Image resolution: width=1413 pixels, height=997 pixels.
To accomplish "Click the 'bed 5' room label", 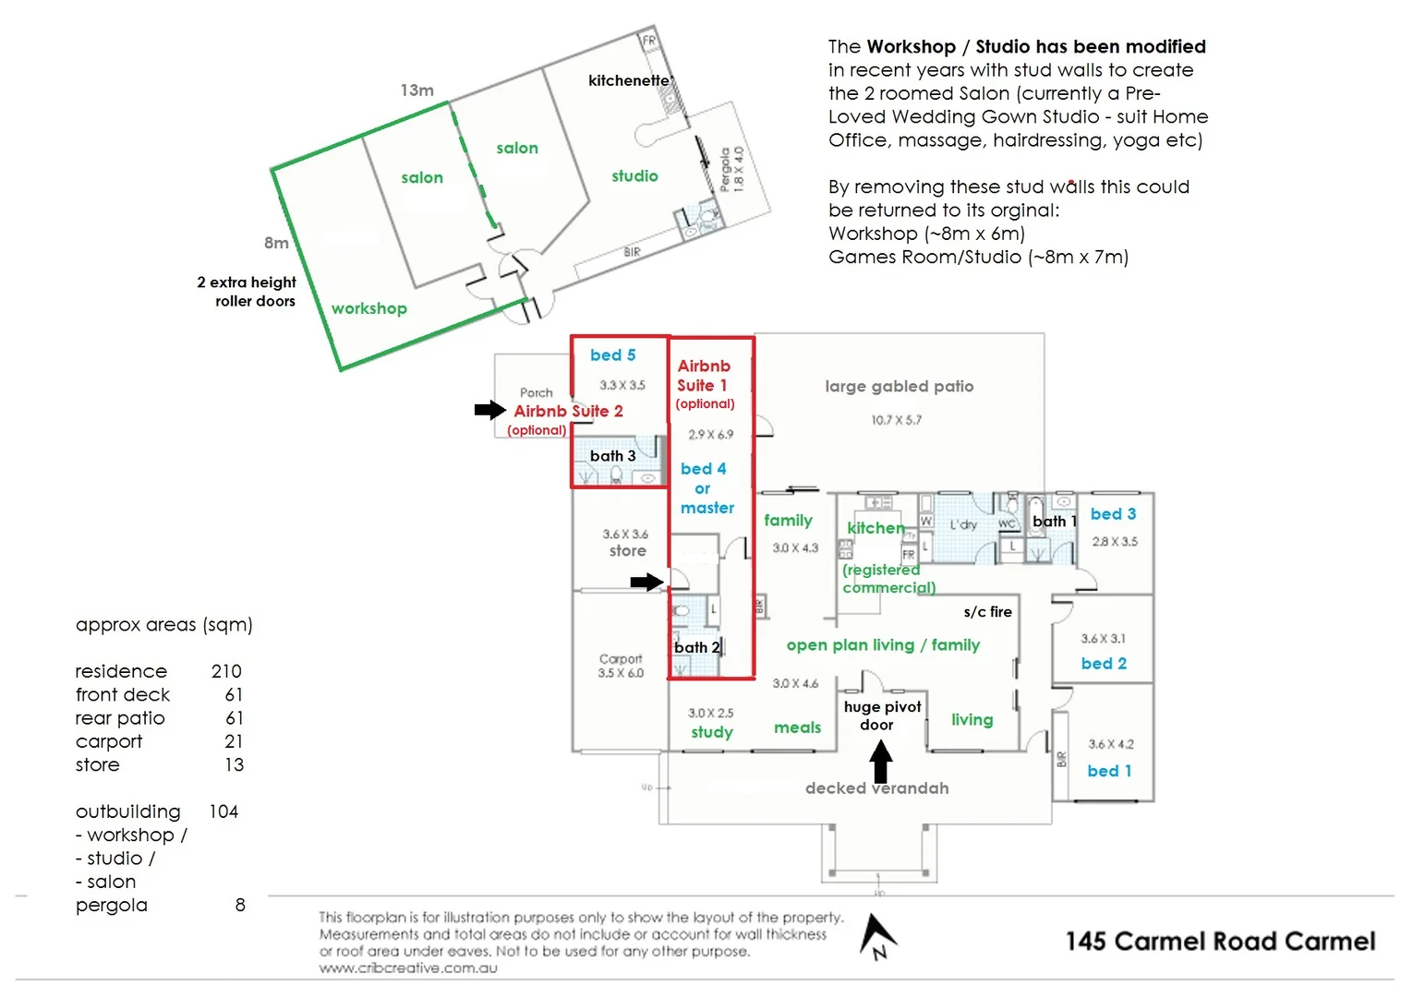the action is [x=612, y=355].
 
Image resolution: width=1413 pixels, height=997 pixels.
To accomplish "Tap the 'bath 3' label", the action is [x=612, y=456].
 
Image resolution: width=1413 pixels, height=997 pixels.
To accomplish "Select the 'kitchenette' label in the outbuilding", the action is [x=628, y=80].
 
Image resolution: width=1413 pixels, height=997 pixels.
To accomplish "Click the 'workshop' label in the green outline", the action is [x=368, y=308].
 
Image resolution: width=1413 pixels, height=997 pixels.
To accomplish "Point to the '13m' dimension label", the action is [x=417, y=90].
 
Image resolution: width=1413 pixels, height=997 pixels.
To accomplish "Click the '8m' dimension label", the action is [x=276, y=243].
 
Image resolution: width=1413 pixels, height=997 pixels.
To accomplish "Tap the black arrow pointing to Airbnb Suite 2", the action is [x=489, y=410].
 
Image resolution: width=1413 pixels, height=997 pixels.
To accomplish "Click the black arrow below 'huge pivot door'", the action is [x=881, y=763].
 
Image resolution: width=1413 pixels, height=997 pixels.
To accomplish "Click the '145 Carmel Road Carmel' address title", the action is [x=1220, y=942].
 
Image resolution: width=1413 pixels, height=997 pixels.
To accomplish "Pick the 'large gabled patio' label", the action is [x=899, y=387].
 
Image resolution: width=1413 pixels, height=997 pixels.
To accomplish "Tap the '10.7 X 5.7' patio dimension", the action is [x=896, y=420].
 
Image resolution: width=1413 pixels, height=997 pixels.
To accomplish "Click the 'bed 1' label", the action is [x=1109, y=771].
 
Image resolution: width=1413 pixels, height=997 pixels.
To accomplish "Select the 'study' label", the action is [x=711, y=732].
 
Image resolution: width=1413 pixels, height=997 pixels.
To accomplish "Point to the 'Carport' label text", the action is [x=620, y=658].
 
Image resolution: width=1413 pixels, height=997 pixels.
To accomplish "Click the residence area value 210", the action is [x=225, y=671].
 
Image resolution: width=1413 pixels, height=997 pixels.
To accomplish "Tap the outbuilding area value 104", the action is [x=223, y=811].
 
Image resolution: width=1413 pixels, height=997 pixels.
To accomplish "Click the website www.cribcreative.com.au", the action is [x=408, y=968].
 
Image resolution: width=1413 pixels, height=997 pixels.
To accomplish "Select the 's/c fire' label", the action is [x=987, y=612].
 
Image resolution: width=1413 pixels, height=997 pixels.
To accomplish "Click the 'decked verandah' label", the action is [x=876, y=788].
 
